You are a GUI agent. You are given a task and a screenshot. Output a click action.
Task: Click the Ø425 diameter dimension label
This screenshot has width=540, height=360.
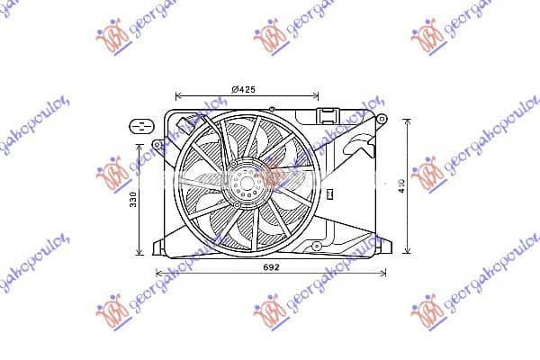click(x=246, y=87)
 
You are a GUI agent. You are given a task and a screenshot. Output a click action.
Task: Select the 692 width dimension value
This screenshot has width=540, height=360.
click(x=272, y=267)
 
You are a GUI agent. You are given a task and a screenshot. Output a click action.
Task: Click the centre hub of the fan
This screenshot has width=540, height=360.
click(x=245, y=184)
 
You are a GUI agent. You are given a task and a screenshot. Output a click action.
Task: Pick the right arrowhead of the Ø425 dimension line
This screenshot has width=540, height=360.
click(x=316, y=94)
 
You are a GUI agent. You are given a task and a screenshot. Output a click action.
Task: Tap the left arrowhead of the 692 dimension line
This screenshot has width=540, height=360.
click(x=158, y=273)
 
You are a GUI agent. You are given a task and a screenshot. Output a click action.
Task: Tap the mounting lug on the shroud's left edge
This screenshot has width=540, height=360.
click(x=158, y=144)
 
